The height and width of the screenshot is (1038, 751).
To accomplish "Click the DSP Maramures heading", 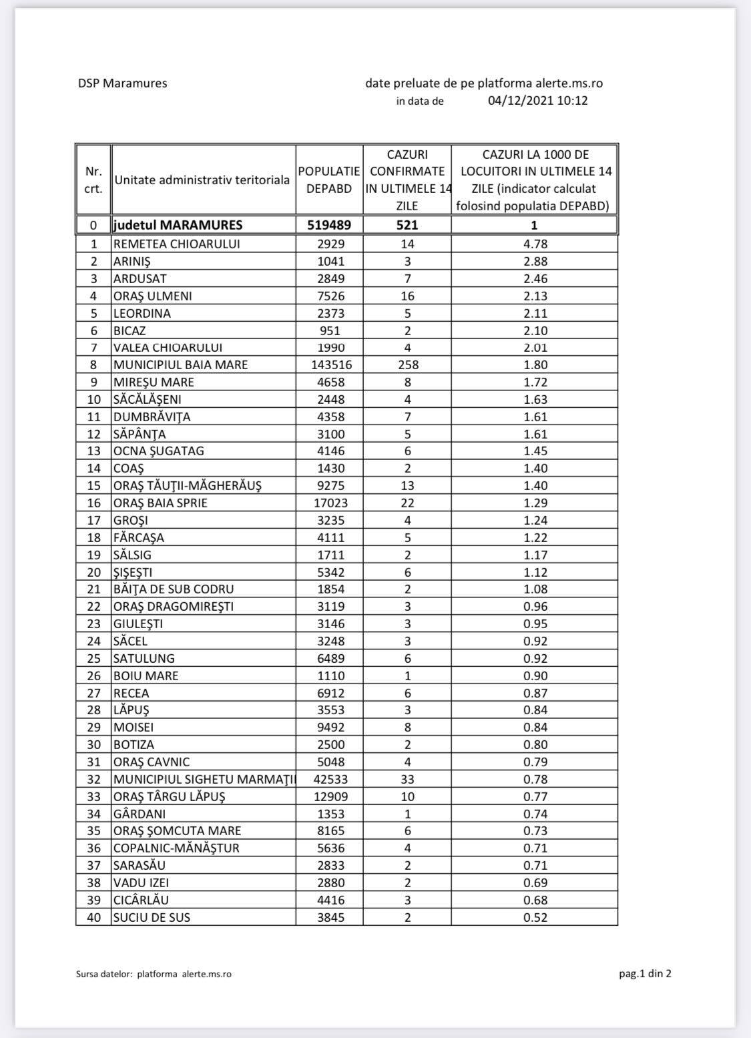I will (x=122, y=83).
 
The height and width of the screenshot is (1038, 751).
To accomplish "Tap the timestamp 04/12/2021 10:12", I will (x=537, y=101).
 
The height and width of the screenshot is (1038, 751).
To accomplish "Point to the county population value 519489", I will (x=329, y=225).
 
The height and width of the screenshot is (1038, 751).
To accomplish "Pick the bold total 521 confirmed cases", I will (x=407, y=225).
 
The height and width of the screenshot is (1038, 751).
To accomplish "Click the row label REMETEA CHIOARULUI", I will (x=176, y=244).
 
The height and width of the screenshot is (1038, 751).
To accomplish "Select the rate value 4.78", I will (x=535, y=244).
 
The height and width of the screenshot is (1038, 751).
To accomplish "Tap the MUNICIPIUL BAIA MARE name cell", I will (x=180, y=364).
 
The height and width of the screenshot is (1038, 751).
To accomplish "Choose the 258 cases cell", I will (x=407, y=364).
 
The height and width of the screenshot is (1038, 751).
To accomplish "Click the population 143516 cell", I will (x=329, y=364).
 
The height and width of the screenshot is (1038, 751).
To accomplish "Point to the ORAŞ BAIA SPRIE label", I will (x=160, y=503).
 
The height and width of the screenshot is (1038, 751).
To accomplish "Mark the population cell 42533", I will (x=329, y=779).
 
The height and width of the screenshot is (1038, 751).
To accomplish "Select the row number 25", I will (x=93, y=658).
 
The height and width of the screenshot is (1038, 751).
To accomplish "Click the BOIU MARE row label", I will (x=146, y=676).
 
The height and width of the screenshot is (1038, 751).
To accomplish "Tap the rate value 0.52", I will (x=535, y=917).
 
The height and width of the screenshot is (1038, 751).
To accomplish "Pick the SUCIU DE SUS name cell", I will (x=152, y=917).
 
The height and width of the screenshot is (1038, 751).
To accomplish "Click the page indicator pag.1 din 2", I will (x=645, y=973).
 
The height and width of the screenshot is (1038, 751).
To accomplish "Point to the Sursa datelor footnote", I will (x=154, y=974).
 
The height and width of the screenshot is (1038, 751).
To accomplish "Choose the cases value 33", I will (x=407, y=779).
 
